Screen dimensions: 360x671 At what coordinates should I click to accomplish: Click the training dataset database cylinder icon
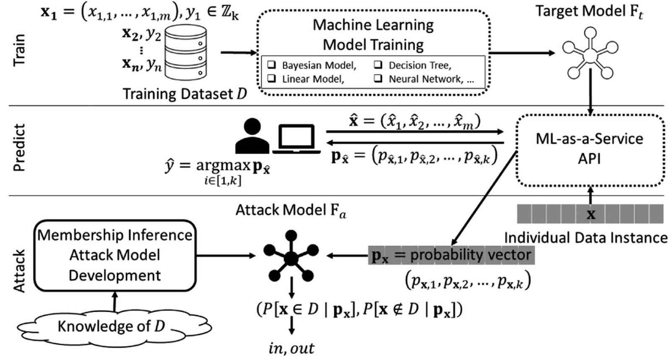[x=185, y=52]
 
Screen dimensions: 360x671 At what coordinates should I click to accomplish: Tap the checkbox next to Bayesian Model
[x=272, y=65]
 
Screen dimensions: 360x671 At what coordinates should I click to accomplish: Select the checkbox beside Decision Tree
[x=378, y=65]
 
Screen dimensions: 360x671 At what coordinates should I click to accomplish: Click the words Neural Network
[x=424, y=79]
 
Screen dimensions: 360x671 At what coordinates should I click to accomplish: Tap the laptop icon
[x=296, y=138]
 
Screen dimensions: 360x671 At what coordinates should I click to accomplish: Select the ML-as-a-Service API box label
[x=589, y=149]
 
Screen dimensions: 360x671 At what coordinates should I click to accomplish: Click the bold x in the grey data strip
[x=590, y=214]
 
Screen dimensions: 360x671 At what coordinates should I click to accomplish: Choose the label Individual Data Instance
[x=585, y=237]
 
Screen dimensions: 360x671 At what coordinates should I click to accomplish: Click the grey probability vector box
[x=451, y=255]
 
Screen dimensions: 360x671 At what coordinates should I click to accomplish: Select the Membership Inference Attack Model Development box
[x=114, y=255]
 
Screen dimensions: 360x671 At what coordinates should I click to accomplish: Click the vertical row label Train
[x=19, y=50]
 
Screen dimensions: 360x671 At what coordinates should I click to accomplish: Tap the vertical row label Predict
[x=19, y=148]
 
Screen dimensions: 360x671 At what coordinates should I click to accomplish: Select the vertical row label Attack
[x=19, y=271]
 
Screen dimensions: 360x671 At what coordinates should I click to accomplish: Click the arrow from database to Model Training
[x=238, y=52]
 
